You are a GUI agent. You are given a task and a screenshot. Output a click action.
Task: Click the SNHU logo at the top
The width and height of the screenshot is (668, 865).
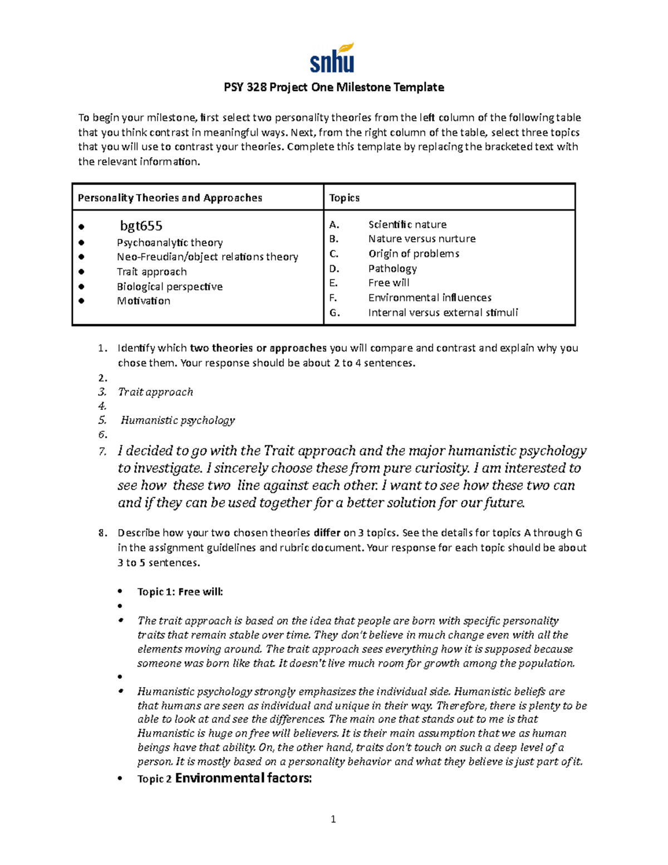(332, 58)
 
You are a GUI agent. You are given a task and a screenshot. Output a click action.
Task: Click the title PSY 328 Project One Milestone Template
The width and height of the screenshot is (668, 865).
(333, 87)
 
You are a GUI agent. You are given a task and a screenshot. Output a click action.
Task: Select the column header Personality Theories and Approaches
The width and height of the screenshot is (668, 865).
(170, 198)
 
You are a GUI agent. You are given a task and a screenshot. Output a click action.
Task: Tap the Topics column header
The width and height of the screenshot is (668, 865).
(344, 198)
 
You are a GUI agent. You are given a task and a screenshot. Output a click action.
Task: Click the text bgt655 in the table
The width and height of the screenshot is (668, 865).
(141, 226)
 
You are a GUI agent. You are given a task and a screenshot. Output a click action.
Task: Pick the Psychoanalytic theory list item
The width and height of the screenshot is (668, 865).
(169, 243)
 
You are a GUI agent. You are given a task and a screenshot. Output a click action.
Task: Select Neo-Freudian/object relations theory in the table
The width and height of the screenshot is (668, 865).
(207, 257)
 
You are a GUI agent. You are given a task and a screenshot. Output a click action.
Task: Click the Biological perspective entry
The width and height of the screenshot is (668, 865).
(169, 287)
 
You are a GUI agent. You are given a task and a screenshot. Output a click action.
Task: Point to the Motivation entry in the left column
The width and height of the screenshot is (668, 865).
(143, 301)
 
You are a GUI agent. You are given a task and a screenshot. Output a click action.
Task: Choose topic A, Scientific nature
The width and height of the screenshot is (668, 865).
(407, 224)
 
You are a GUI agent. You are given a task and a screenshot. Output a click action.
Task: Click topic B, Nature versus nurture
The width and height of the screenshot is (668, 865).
(421, 239)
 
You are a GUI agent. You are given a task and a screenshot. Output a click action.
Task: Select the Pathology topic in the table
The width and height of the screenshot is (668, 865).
(392, 268)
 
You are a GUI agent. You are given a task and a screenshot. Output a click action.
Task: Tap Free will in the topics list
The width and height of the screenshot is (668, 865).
(389, 283)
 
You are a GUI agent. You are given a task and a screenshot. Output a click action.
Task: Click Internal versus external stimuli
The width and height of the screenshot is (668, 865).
(443, 312)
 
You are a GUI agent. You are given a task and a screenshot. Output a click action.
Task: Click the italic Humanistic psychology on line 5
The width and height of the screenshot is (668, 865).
(178, 421)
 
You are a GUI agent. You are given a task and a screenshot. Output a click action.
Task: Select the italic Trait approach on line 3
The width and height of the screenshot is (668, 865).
(155, 392)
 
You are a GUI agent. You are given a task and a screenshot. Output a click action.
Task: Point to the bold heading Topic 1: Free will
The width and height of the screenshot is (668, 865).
(180, 592)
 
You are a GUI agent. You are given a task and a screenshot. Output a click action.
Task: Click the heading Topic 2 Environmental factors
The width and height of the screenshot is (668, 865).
(224, 778)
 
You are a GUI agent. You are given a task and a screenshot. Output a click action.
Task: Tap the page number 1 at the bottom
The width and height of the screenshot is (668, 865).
(333, 819)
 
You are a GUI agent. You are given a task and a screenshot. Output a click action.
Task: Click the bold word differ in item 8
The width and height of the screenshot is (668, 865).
(327, 533)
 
